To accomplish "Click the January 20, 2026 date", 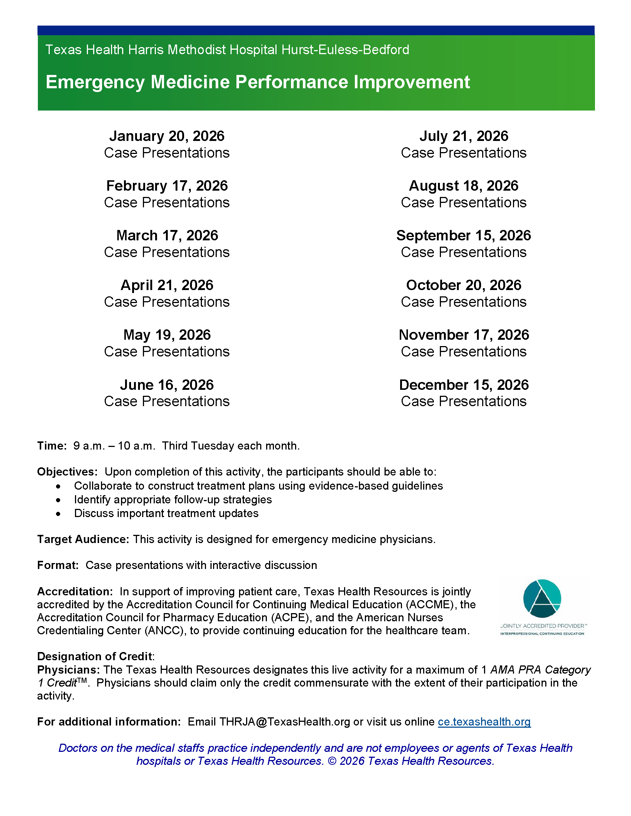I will pyautogui.click(x=167, y=136).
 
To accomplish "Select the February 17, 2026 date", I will pyautogui.click(x=167, y=186).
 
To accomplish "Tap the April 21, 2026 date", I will pyautogui.click(x=167, y=285).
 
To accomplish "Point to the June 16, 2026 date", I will pyautogui.click(x=167, y=385).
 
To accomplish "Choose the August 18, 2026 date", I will pyautogui.click(x=464, y=186).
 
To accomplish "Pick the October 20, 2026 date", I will pyautogui.click(x=464, y=285).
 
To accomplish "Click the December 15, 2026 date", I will pyautogui.click(x=464, y=385).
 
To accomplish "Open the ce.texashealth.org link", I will pyautogui.click(x=484, y=721).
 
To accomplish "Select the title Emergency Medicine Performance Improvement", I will pyautogui.click(x=258, y=82).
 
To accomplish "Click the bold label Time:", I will pyautogui.click(x=52, y=446).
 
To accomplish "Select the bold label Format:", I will pyautogui.click(x=58, y=565).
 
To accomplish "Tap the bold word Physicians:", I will pyautogui.click(x=68, y=669).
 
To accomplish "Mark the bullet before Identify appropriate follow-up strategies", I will pyautogui.click(x=58, y=500).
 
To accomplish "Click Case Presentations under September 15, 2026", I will pyautogui.click(x=464, y=252).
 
